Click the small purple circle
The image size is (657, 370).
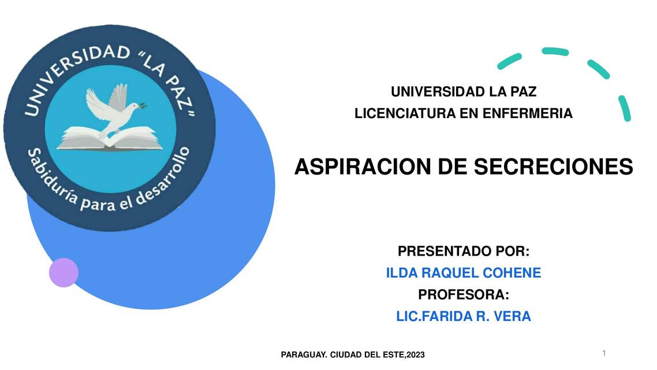tap(64, 272)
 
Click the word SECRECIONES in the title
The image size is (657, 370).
tap(553, 167)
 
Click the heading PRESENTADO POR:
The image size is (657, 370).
tap(463, 251)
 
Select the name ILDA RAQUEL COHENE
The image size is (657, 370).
tap(463, 273)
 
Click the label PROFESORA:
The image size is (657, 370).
tap(463, 295)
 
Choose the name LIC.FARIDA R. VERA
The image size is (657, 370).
tap(463, 317)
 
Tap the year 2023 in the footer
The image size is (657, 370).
tap(416, 355)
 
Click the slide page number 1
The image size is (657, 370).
tap(604, 353)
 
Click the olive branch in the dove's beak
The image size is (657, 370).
tap(140, 105)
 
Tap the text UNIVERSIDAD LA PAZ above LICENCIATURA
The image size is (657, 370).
tap(463, 91)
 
